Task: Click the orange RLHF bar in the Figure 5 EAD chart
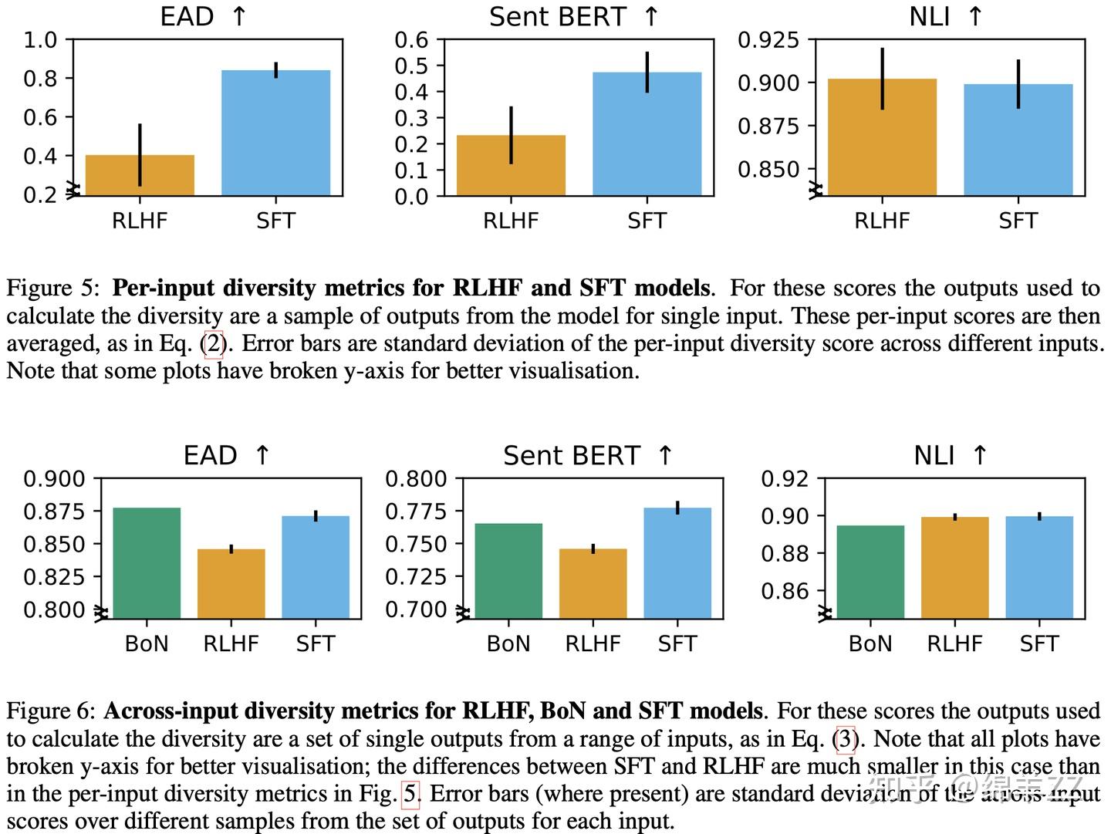140,176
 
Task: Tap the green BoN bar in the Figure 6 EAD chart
147,562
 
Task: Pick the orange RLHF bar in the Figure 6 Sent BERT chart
593,583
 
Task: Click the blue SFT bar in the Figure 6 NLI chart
1039,567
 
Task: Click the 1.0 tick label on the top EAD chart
40,40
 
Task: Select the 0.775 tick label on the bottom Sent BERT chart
416,512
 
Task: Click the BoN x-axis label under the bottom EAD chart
147,643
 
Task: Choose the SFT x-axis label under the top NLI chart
1018,221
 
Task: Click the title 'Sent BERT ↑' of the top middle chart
574,17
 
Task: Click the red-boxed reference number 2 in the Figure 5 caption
214,343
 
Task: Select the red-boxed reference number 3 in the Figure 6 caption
846,739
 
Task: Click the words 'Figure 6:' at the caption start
51,711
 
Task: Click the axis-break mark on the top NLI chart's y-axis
816,190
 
